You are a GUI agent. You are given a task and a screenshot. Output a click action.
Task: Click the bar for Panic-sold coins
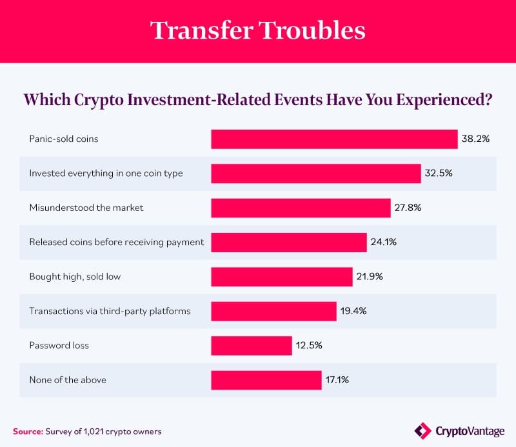click(334, 139)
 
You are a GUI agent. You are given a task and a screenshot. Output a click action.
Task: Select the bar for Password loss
click(251, 345)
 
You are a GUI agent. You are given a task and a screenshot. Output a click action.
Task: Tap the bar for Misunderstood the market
click(301, 208)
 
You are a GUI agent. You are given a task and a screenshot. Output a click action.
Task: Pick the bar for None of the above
click(266, 380)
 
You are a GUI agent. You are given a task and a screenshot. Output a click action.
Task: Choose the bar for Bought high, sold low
click(282, 277)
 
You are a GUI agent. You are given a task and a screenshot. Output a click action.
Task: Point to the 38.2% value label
click(476, 139)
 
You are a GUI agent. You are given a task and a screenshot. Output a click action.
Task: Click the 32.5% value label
click(439, 174)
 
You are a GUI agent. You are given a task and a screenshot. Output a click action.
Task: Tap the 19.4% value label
click(353, 311)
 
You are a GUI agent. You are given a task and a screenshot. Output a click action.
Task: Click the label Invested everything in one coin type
click(106, 174)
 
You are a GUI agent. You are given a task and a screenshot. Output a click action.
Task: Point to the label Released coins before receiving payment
click(116, 242)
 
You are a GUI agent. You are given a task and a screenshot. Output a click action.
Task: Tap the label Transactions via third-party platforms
click(110, 311)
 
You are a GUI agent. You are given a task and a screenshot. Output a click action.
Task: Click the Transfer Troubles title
click(258, 30)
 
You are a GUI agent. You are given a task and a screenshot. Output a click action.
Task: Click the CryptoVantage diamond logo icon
click(422, 430)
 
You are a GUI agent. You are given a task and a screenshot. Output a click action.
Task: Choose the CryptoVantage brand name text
click(470, 430)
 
